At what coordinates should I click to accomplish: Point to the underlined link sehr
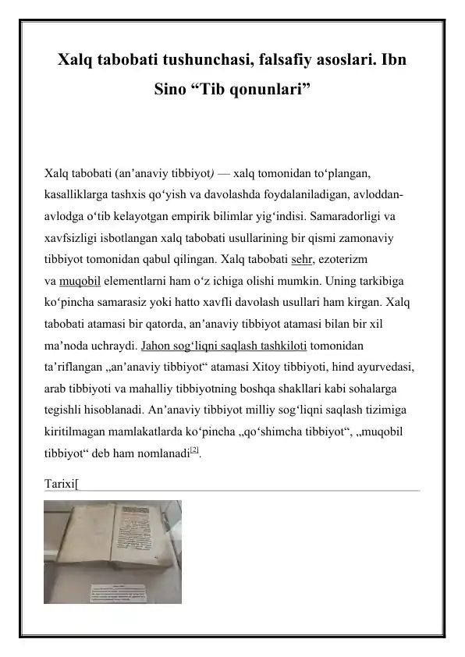click(x=302, y=257)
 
